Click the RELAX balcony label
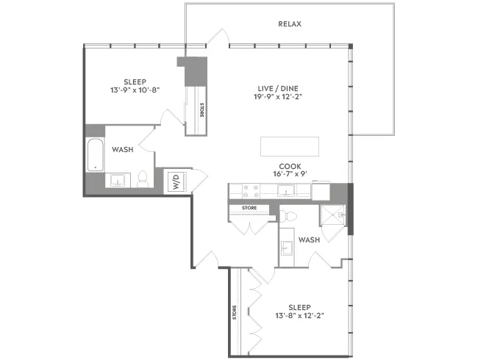290,24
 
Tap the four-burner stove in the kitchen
249,191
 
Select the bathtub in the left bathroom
93,154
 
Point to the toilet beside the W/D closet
143,178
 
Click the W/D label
176,182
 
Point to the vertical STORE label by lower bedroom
235,312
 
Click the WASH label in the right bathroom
309,240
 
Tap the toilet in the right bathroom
288,216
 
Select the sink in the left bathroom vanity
118,179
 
